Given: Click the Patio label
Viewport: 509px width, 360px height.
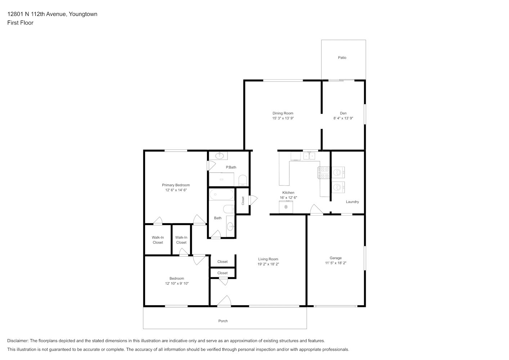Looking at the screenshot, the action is tap(342, 58).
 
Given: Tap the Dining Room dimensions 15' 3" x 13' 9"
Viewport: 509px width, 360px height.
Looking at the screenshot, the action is tap(283, 118).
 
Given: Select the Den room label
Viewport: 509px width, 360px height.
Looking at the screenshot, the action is tap(343, 113).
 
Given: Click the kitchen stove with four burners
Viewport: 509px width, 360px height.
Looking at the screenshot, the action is tap(324, 173).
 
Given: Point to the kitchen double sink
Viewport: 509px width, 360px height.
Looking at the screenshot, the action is tap(309, 156).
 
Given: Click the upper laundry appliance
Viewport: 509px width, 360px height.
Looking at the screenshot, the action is tap(338, 172).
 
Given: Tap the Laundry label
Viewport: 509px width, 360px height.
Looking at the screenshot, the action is tap(352, 202).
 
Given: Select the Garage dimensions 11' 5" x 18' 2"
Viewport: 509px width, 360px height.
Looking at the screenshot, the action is tap(335, 263).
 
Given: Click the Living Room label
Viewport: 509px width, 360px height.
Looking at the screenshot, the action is tap(268, 259).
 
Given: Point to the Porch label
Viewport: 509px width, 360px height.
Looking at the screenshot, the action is tap(223, 321).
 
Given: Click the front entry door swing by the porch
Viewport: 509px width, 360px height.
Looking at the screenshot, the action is tap(224, 301).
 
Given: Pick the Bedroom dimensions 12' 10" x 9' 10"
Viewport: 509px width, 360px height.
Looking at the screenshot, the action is tap(177, 283).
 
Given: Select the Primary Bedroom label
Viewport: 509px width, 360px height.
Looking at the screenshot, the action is tap(176, 185).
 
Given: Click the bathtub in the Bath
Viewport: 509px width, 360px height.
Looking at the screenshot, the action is tap(221, 194).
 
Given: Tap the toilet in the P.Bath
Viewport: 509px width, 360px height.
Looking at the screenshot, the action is tap(243, 180).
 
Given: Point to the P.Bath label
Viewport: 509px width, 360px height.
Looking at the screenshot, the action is tap(231, 167).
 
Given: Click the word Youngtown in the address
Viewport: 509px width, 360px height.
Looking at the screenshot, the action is tap(83, 14).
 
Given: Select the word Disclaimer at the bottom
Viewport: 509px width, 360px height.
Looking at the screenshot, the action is tap(18, 341).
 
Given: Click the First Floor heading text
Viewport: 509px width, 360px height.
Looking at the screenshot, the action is tap(20, 23).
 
